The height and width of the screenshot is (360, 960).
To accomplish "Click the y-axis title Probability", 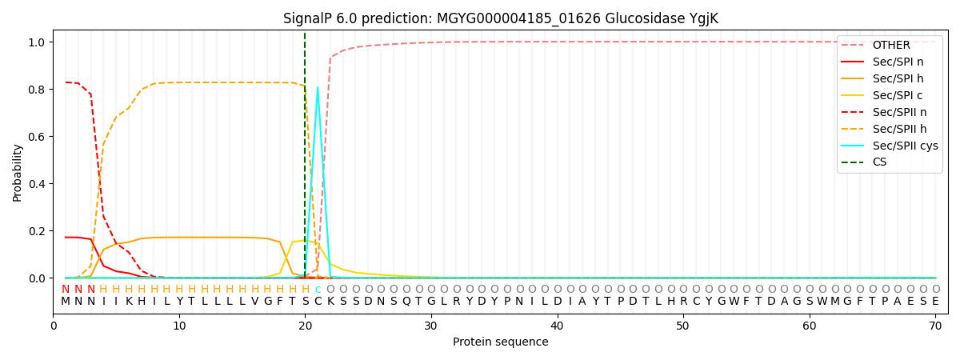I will point(18,172).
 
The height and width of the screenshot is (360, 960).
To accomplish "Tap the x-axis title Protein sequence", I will point(500,342).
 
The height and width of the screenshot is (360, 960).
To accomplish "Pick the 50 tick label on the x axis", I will point(682,326).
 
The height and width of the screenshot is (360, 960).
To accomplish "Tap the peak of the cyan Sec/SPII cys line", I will point(318,87).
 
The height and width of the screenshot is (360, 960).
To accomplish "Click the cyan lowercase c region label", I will point(318,290).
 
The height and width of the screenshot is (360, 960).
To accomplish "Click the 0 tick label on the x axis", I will point(53,326).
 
